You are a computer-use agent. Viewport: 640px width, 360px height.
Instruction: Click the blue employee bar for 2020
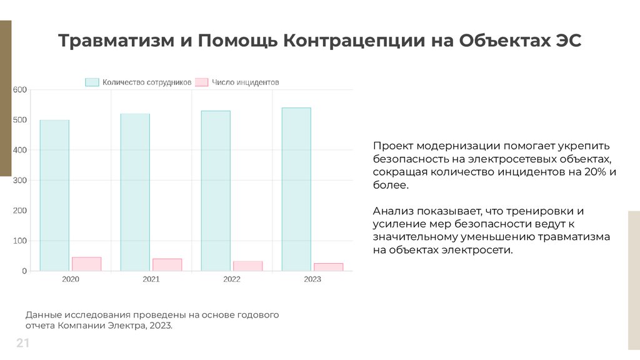pos(54,195)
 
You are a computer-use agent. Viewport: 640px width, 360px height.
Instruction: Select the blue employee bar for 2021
pos(135,192)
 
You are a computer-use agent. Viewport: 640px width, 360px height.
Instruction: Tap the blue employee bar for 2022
pos(216,191)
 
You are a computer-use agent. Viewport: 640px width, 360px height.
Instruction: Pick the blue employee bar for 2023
pos(296,189)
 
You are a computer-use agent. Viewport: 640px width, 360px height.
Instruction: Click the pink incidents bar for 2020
pos(86,264)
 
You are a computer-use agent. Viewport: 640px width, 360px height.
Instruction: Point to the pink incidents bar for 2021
pos(167,264)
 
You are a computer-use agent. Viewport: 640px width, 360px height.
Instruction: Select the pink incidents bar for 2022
pos(247,266)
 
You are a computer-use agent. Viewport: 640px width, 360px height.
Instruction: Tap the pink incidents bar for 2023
pos(328,267)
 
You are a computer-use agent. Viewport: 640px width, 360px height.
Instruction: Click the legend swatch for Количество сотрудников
pos(92,82)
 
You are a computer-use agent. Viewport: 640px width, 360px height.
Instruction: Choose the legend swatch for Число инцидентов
pos(201,82)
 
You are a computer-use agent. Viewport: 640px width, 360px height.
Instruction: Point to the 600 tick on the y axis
pos(19,90)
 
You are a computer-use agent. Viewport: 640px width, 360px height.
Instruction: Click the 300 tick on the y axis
pos(19,181)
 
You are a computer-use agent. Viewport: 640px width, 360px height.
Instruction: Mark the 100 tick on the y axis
pos(19,241)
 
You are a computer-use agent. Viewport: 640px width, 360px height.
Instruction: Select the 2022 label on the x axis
pos(232,279)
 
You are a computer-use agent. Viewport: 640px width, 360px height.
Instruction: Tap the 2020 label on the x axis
pos(71,279)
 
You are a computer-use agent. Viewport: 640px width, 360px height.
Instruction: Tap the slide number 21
pos(23,343)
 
